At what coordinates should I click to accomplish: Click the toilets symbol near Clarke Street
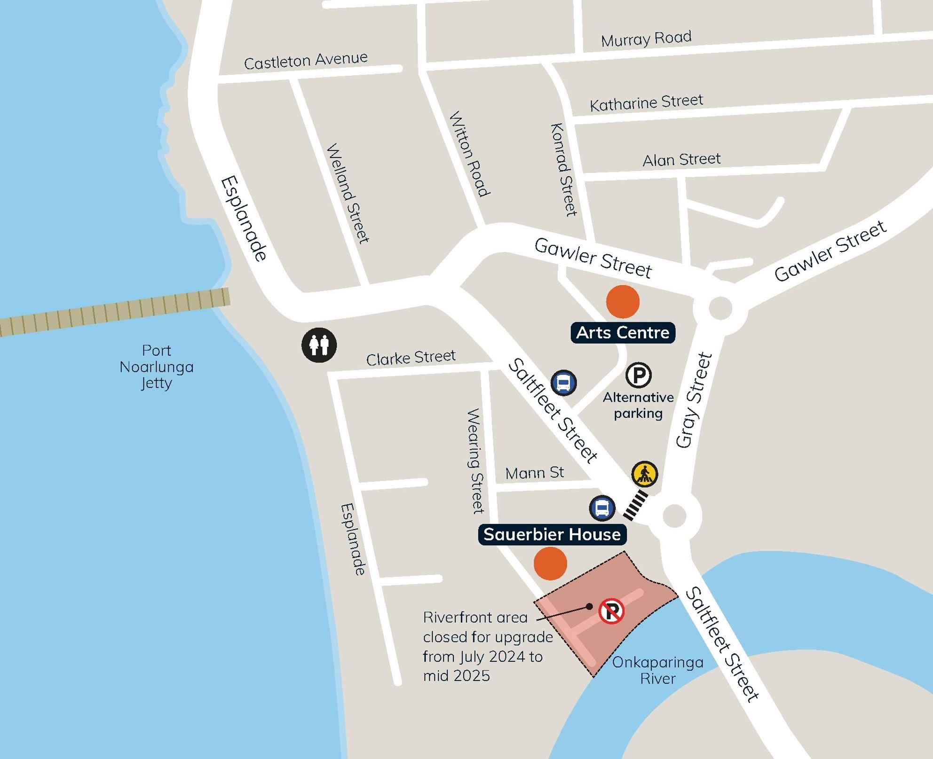319,345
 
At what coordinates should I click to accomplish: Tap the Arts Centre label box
623,333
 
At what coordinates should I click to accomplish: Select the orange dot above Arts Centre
623,302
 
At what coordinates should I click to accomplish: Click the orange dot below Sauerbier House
550,563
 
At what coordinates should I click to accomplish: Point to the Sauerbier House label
552,535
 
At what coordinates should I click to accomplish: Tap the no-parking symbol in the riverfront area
611,611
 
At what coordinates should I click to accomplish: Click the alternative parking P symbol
638,375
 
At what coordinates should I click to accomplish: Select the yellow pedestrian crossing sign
644,474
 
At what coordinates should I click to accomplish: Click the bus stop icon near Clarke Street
563,383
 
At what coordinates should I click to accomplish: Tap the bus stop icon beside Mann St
602,508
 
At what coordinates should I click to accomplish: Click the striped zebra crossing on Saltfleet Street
635,505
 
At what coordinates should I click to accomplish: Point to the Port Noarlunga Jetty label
156,367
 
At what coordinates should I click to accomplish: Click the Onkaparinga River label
657,670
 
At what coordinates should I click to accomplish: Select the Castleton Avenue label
306,61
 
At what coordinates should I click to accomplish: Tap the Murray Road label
646,39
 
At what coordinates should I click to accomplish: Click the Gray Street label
694,400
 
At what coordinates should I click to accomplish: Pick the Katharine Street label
646,103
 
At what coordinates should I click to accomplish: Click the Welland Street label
348,194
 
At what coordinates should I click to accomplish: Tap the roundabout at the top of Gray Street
720,308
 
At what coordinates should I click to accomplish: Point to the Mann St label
534,473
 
